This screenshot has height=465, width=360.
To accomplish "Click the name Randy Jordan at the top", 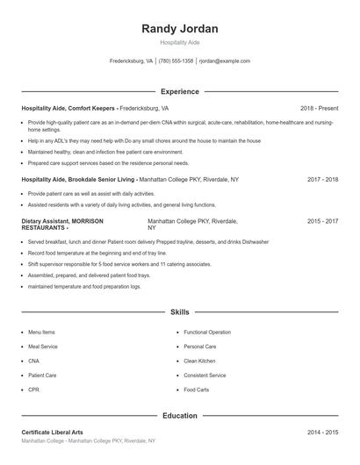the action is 179,29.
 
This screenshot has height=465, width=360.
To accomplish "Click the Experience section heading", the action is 179,91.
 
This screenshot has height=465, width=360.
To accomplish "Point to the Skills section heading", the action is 179,311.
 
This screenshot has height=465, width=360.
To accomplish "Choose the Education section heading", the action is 179,416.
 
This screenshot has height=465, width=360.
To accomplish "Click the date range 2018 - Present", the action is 319,108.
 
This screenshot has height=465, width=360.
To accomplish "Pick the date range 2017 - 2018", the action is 322,179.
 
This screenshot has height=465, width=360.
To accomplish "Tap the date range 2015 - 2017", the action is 322,222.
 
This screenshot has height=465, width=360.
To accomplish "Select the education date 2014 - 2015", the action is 322,433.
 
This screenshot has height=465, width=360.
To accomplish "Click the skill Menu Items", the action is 41,333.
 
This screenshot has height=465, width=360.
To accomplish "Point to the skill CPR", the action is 33,390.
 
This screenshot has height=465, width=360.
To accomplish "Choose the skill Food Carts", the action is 196,390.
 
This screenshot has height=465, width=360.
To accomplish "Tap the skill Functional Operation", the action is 207,333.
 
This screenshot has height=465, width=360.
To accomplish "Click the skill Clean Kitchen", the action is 199,361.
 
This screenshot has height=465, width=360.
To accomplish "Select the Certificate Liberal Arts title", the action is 52,433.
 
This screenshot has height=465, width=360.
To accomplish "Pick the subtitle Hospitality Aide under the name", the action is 179,42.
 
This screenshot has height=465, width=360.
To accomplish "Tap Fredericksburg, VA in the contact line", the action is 131,61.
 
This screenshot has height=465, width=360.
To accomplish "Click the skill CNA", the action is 33,361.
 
